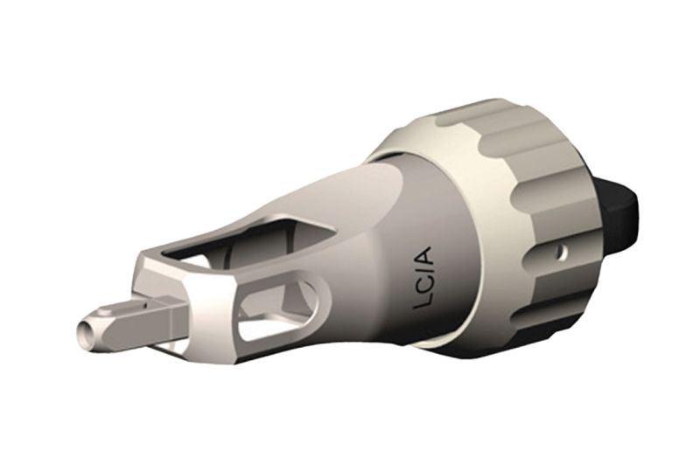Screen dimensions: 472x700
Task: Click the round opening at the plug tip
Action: (83, 330)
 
